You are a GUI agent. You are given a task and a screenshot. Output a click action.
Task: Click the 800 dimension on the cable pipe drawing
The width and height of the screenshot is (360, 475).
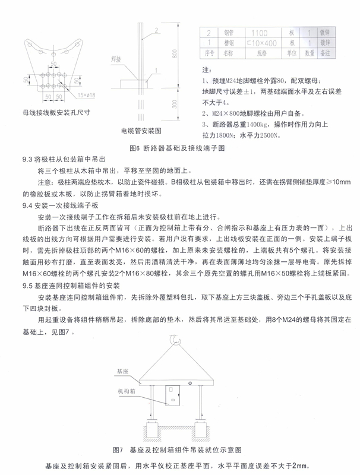point(175,53)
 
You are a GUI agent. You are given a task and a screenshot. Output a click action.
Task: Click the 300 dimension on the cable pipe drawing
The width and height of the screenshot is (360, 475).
point(175,104)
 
